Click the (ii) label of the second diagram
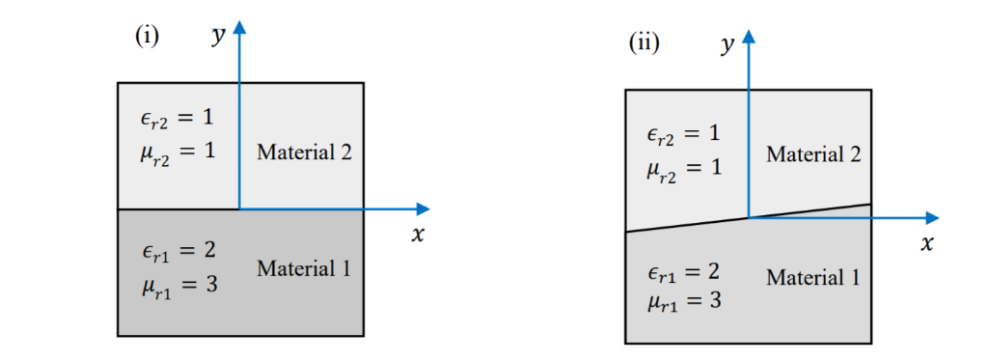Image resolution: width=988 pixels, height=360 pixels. (644, 43)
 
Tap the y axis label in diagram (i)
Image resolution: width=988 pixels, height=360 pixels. (218, 37)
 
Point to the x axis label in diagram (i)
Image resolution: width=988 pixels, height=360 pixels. (417, 234)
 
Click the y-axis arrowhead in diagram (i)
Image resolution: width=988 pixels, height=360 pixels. (239, 24)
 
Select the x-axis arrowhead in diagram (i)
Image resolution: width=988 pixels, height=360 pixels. (422, 208)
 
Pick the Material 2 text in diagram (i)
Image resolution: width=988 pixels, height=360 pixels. (304, 152)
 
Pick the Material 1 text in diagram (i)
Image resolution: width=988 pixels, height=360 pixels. (304, 268)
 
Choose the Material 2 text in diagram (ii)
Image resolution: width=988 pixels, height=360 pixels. (812, 154)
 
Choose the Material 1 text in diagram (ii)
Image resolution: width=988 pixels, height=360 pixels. (812, 278)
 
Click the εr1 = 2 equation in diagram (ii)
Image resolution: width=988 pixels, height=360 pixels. (684, 270)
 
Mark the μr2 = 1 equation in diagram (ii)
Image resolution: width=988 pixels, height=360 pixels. (684, 167)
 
